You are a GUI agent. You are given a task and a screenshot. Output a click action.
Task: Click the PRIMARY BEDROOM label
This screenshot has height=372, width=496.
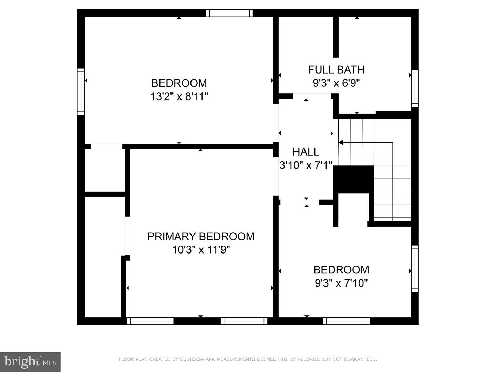201,236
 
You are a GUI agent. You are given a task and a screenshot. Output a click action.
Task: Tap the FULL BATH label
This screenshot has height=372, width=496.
336,70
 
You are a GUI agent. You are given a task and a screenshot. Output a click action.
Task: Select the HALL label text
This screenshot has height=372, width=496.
306,152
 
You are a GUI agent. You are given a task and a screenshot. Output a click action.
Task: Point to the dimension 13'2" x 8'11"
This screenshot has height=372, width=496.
179,96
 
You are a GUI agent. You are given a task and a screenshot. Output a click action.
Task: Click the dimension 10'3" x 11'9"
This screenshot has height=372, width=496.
201,249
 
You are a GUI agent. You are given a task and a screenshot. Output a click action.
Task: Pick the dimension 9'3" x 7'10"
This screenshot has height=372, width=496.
341,283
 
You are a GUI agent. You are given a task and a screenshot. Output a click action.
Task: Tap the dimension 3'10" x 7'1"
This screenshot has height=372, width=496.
306,165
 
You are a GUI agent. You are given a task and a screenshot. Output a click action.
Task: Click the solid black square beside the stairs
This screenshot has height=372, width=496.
353,179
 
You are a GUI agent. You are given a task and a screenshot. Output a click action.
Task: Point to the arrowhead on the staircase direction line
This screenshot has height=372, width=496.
341,142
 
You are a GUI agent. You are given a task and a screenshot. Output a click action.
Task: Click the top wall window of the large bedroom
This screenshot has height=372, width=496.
229,13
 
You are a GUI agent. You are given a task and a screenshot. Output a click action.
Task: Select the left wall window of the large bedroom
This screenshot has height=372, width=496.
81,91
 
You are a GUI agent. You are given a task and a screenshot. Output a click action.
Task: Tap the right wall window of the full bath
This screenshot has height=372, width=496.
415,88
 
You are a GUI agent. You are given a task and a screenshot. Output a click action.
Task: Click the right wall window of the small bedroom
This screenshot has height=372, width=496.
415,269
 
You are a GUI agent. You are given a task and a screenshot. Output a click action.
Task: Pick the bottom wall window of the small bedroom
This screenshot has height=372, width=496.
346,321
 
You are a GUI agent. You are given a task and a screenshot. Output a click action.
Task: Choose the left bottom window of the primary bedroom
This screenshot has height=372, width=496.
150,321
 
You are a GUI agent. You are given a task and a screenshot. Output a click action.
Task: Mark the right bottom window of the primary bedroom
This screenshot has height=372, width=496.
244,321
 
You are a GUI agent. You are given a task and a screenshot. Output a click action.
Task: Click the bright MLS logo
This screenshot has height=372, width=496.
30,362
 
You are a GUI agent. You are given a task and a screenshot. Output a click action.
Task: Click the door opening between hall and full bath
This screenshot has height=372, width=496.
312,96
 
